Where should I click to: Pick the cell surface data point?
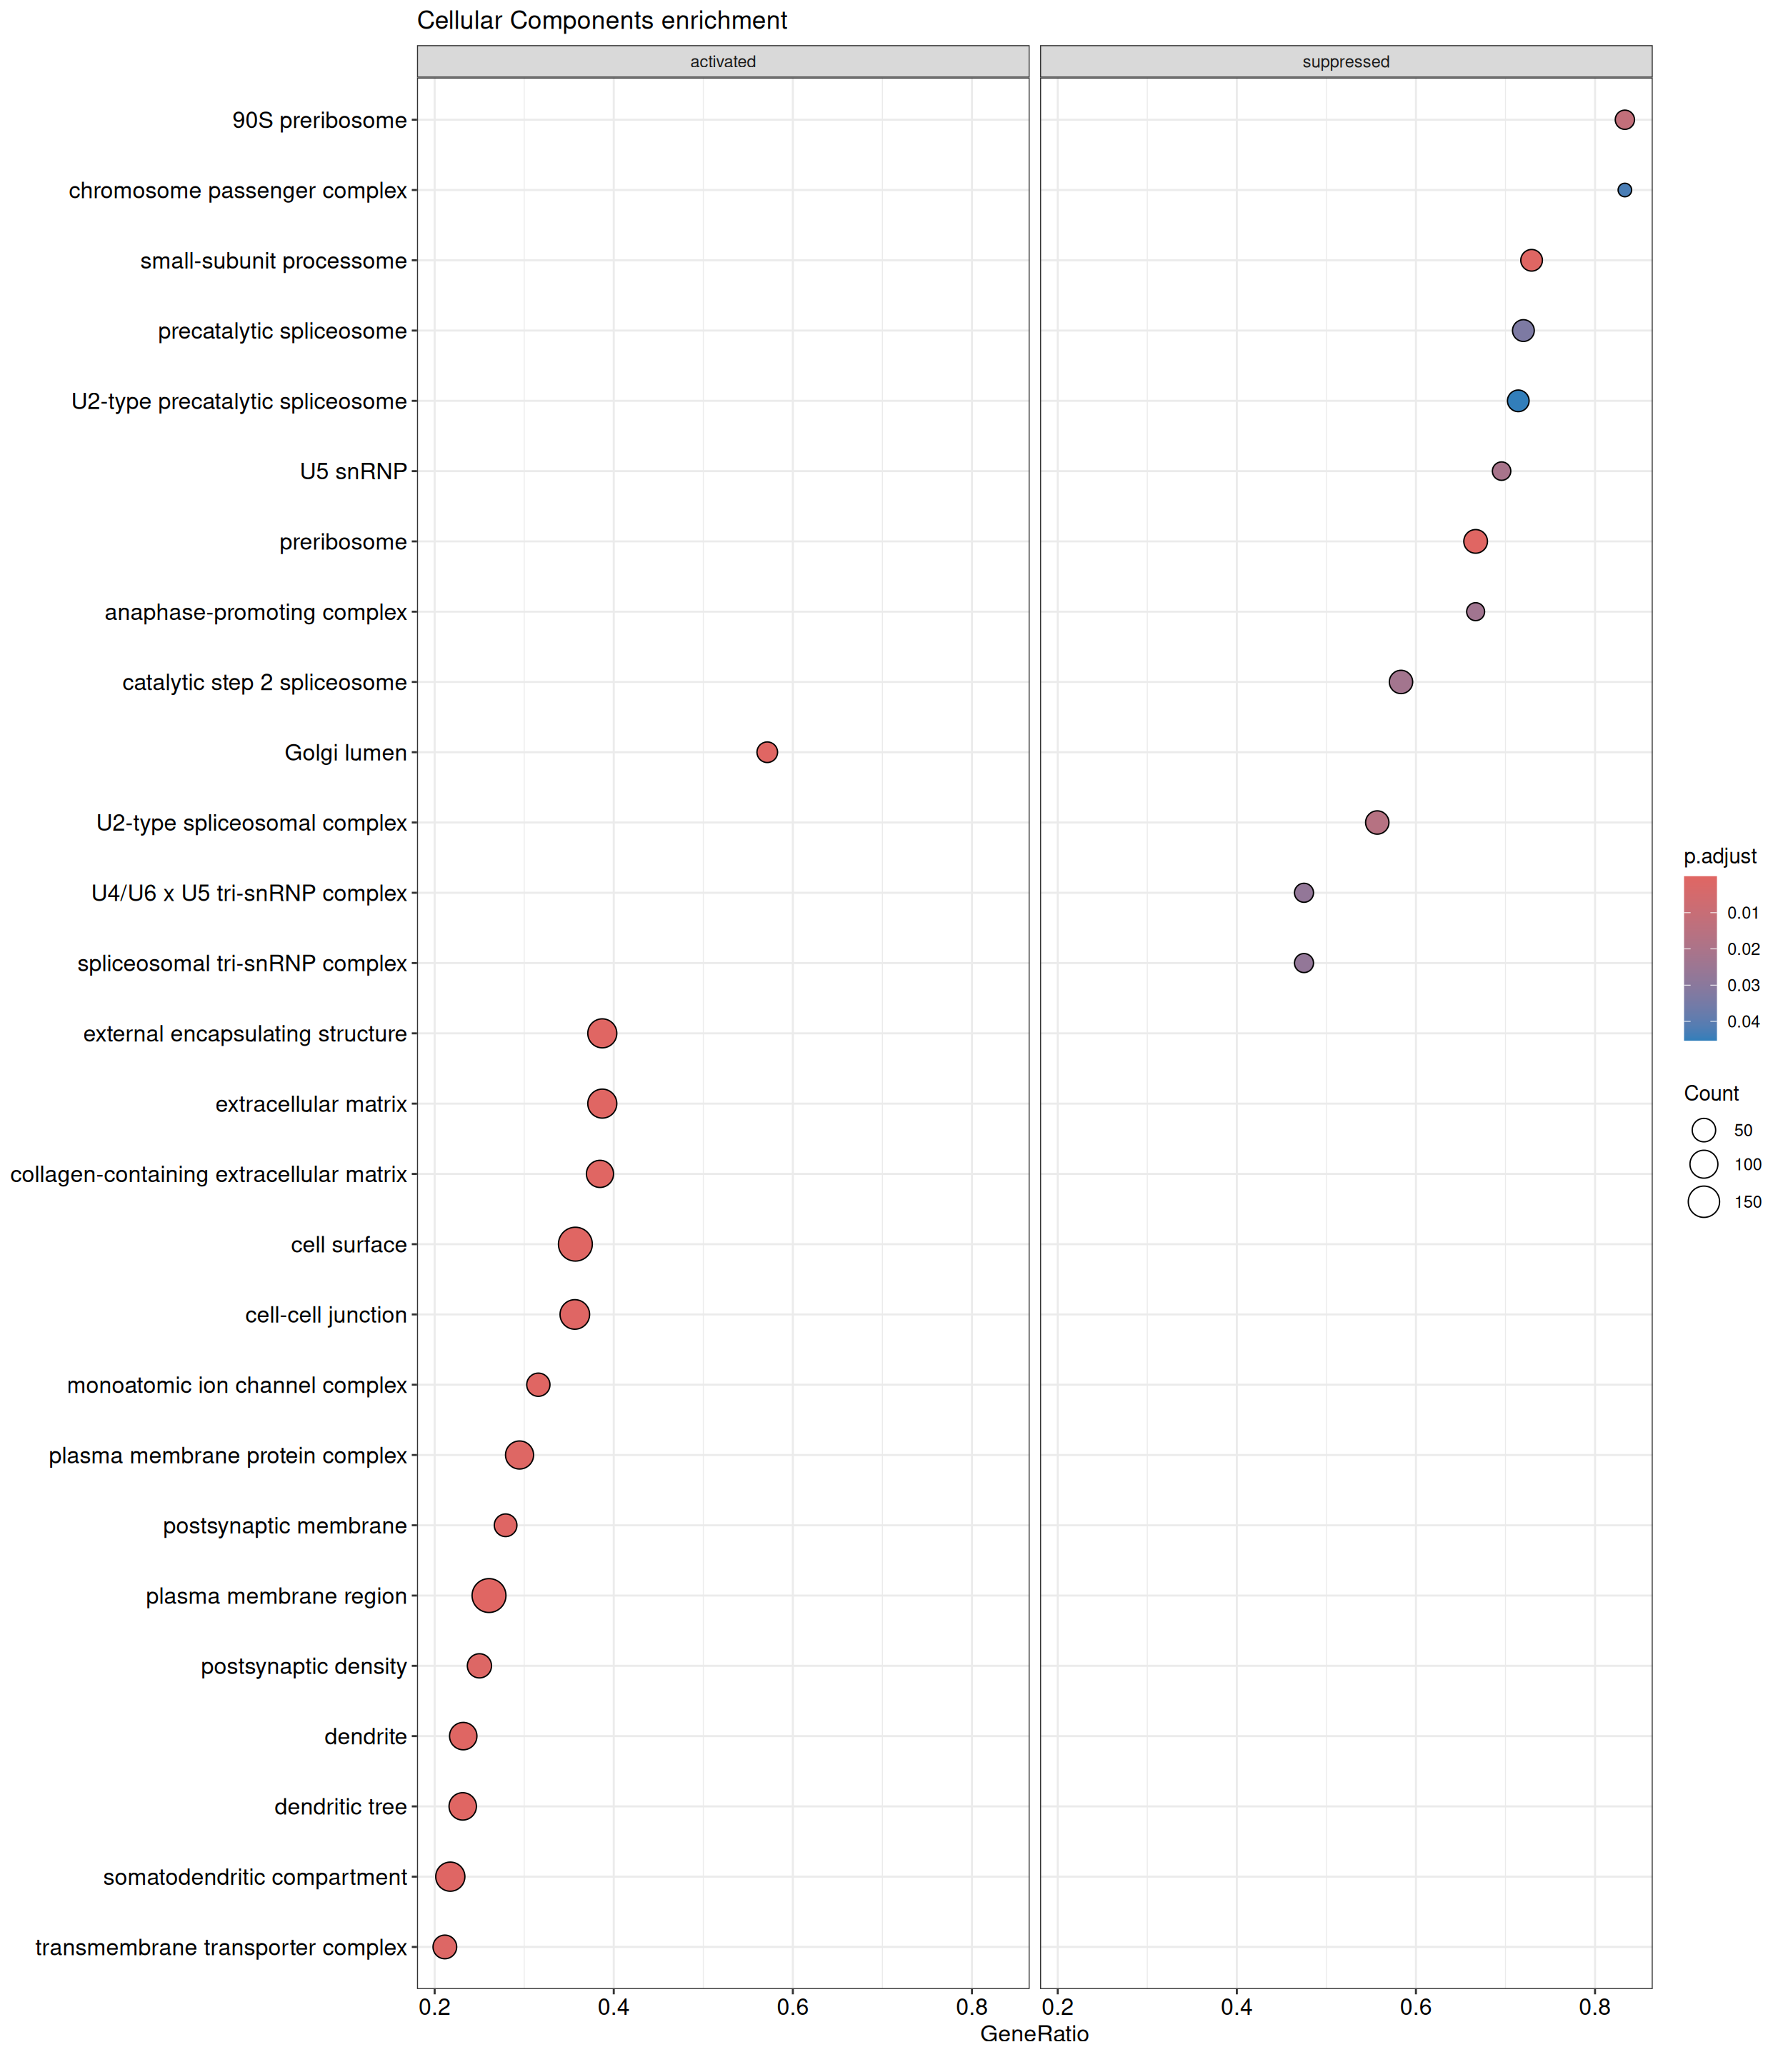575,1244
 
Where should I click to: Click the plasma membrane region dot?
489,1596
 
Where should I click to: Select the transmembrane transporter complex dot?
445,1946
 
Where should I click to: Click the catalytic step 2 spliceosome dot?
1400,682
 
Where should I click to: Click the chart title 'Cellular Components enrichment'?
602,21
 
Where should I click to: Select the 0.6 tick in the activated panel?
792,2006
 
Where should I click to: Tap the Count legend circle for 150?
1704,1201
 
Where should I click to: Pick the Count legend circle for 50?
1704,1130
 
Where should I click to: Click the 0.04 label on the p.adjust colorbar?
1743,1021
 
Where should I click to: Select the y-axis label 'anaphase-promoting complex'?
256,613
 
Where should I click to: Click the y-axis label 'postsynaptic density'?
304,1666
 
